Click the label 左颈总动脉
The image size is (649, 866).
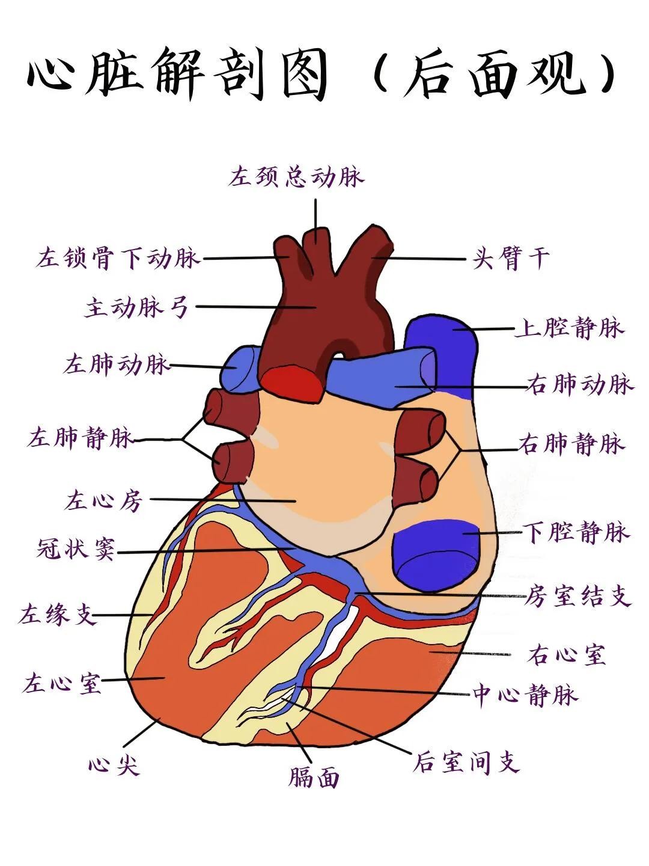click(296, 176)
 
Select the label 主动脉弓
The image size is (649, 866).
click(137, 307)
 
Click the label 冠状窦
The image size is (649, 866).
click(76, 548)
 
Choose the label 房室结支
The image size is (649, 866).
click(577, 595)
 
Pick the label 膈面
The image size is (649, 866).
click(314, 777)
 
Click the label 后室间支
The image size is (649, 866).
click(466, 761)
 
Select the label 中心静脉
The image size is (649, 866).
click(525, 694)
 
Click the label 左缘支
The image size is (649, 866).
click(57, 614)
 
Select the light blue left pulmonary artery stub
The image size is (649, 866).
click(239, 369)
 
